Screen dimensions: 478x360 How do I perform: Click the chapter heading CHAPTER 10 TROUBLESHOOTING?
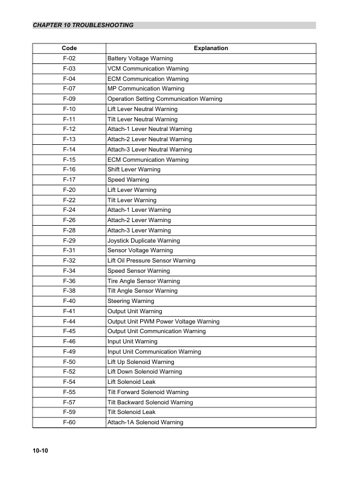(83, 25)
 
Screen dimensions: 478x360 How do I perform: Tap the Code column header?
(69, 48)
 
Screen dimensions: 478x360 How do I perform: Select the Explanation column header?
(211, 48)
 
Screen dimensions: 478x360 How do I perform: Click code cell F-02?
(69, 59)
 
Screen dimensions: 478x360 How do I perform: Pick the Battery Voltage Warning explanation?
(140, 59)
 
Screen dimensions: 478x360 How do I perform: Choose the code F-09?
(69, 99)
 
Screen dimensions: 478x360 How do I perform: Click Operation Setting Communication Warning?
(165, 99)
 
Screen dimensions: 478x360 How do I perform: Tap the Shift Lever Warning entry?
(134, 170)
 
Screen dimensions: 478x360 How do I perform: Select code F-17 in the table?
(69, 180)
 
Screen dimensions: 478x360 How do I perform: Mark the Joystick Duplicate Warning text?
(144, 241)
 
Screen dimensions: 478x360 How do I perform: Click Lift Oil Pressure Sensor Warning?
(152, 261)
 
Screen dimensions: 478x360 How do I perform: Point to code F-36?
(69, 281)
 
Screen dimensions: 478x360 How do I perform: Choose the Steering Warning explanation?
(131, 301)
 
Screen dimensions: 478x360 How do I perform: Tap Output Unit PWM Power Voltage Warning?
(164, 322)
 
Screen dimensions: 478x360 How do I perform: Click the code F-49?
(69, 352)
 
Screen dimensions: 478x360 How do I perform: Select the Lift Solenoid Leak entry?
(132, 382)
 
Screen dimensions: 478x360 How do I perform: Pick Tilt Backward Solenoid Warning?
(150, 403)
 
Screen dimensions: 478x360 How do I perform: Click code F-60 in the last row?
(69, 422)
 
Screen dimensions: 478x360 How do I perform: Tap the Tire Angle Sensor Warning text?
(144, 281)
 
